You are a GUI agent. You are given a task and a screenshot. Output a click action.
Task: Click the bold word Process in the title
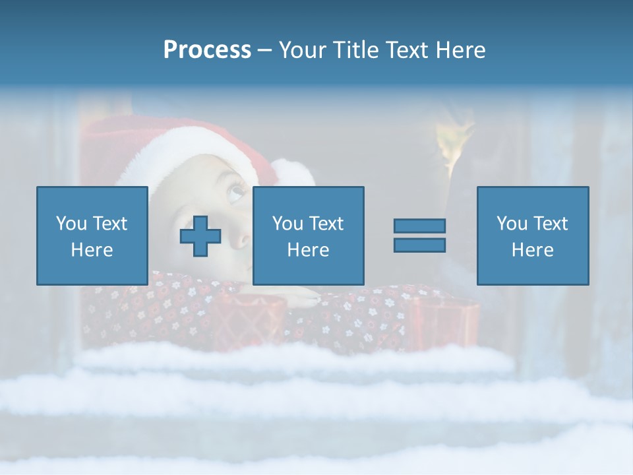click(x=207, y=50)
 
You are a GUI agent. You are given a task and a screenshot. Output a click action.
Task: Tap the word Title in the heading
click(x=356, y=50)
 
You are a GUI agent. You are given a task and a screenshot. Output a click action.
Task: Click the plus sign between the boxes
click(x=200, y=236)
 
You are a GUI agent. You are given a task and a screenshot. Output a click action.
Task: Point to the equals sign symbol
click(x=419, y=236)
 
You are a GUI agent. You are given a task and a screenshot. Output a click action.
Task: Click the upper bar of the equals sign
click(x=419, y=226)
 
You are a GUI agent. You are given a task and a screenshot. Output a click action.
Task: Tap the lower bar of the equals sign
click(x=419, y=245)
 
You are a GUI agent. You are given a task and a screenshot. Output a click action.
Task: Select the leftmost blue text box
click(x=92, y=236)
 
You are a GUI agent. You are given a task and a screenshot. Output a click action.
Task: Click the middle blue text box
click(x=308, y=236)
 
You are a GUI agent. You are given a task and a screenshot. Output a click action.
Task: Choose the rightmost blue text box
click(x=532, y=236)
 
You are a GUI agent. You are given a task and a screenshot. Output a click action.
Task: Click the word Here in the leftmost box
click(x=92, y=250)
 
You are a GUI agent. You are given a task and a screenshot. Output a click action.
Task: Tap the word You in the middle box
click(x=287, y=224)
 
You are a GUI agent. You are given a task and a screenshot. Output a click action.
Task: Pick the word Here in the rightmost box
click(x=532, y=250)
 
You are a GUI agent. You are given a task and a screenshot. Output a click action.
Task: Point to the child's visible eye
click(x=235, y=193)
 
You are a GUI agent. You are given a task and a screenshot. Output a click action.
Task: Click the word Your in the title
click(x=303, y=50)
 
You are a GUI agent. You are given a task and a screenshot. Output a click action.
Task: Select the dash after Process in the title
click(x=264, y=50)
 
